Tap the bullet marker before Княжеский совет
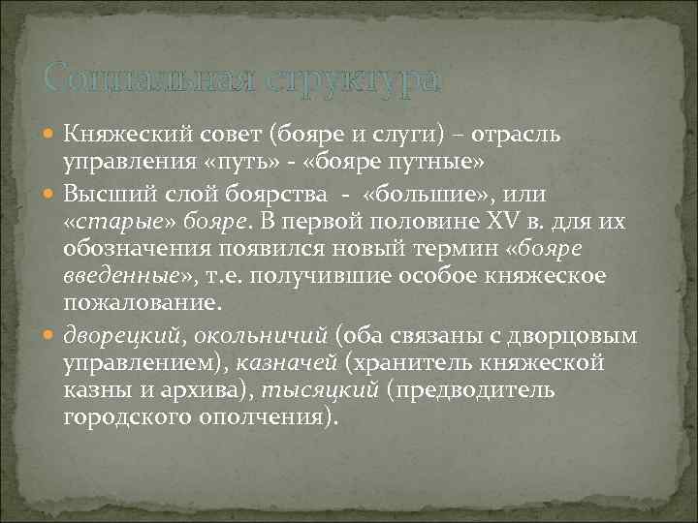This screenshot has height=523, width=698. click(51, 133)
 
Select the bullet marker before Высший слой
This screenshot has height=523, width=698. click(51, 193)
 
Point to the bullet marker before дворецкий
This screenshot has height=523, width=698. click(51, 337)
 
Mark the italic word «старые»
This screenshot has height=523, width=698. click(108, 222)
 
